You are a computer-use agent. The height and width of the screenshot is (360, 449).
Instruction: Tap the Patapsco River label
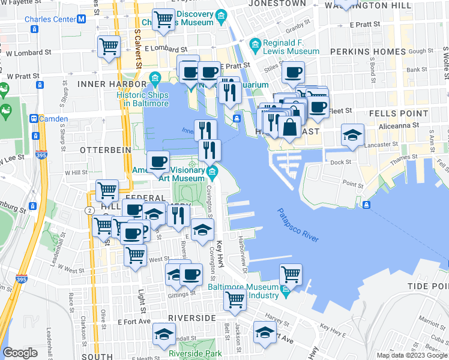pos(298,225)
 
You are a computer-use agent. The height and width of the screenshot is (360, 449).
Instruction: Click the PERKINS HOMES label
pos(368,52)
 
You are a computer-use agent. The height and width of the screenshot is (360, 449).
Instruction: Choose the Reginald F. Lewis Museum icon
pos(256,44)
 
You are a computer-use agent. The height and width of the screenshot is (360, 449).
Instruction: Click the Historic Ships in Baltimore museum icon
pos(155,77)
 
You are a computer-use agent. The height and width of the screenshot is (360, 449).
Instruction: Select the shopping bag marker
pos(290,127)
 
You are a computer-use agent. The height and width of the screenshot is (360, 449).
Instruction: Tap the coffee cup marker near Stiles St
pos(294,73)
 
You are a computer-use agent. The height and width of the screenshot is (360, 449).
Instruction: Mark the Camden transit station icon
pos(34,119)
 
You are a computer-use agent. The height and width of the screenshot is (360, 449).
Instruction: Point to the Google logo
pos(20,353)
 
